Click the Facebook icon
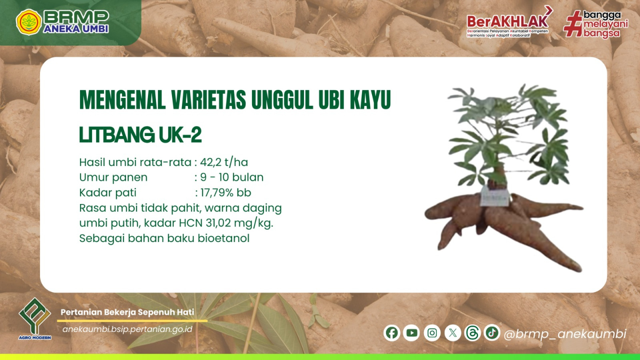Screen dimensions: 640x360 392,333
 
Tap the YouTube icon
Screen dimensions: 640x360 412,333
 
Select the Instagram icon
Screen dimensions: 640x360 432,333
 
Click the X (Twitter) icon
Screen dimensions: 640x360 453,333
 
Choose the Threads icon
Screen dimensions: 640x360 472,333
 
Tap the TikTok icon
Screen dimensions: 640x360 492,333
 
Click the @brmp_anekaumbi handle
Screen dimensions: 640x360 565,334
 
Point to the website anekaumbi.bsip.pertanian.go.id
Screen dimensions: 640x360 127,329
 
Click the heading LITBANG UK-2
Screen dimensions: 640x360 140,135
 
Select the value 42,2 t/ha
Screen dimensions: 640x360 224,162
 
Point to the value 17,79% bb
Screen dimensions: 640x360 226,193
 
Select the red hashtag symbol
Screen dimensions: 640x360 573,23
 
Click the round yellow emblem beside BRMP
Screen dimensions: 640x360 29,22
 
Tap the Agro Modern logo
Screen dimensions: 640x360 35,319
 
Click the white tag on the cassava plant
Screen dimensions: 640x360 495,196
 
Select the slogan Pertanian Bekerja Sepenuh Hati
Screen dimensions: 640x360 127,312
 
